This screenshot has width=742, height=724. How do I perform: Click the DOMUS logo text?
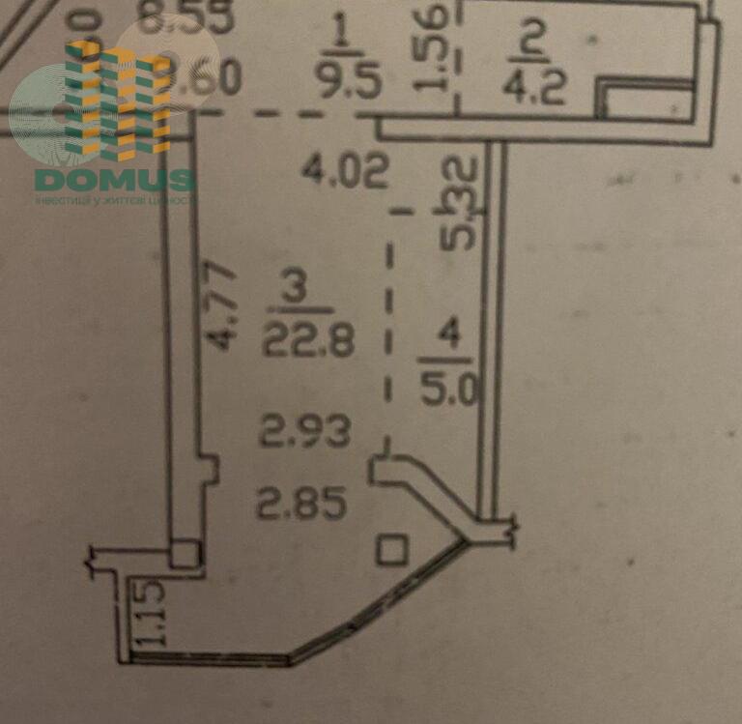pos(114,180)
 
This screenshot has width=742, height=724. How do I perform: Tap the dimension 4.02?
pos(345,172)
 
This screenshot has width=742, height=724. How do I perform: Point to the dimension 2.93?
pos(305,431)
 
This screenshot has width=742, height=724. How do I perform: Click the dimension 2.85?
pos(300,503)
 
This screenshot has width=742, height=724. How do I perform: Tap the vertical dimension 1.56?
pos(435,46)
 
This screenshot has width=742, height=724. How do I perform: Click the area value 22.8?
pos(308,339)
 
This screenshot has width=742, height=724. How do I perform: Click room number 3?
pos(298,288)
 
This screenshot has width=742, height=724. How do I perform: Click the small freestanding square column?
pos(391,551)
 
